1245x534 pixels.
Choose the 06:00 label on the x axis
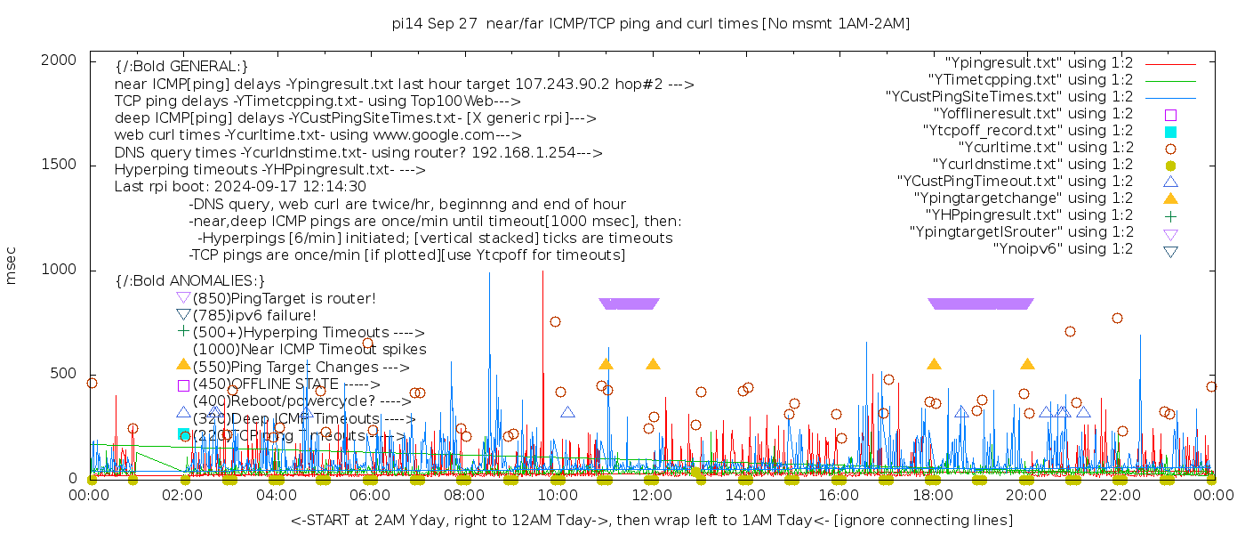click(370, 495)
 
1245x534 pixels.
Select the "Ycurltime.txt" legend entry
click(1045, 148)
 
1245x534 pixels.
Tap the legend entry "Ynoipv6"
click(1063, 249)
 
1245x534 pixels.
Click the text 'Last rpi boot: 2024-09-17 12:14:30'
click(240, 187)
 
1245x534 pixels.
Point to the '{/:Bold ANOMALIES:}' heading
click(190, 281)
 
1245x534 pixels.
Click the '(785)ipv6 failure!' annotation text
click(254, 315)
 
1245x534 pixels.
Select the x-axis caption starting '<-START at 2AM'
click(651, 520)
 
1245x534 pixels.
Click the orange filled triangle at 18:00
click(934, 364)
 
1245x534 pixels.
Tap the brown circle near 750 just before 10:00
click(555, 322)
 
